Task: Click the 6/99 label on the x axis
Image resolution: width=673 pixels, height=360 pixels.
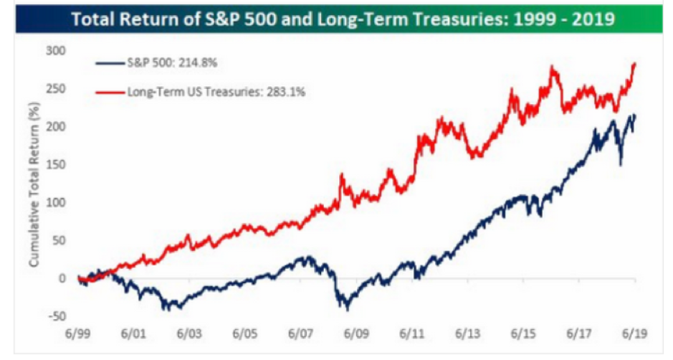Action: [x=77, y=333]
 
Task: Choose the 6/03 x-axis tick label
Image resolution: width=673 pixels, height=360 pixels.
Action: [x=188, y=333]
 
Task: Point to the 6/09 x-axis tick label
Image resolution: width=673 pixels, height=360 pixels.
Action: [x=355, y=333]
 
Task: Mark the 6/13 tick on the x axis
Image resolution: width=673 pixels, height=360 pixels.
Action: [x=467, y=333]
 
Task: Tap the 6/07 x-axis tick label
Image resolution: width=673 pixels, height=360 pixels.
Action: [x=300, y=333]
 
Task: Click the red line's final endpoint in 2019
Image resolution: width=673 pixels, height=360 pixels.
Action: [x=635, y=63]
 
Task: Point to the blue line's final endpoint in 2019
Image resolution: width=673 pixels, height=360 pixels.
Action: [x=635, y=115]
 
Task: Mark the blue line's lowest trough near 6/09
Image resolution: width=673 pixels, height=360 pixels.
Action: [x=348, y=309]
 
